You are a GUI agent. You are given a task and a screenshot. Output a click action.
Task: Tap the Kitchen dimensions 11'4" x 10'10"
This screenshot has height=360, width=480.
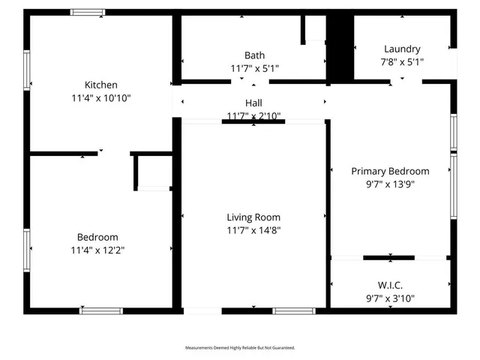point(101,97)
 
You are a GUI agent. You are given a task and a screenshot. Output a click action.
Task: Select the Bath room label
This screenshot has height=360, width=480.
point(254,55)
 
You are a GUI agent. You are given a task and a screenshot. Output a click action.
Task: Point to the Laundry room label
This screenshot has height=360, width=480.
point(402,49)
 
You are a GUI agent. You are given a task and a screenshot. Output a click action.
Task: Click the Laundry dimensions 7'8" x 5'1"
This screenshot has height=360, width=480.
point(402,62)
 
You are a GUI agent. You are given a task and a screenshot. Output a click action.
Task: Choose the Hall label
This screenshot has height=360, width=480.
point(253,103)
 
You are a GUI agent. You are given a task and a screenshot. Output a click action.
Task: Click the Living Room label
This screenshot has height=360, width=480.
point(253,217)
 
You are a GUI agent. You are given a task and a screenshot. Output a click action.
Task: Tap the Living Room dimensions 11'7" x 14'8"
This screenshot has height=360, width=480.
point(253,230)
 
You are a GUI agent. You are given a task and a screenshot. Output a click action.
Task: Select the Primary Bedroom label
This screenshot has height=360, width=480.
point(390,171)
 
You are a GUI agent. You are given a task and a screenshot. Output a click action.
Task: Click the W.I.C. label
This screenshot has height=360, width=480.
point(390,285)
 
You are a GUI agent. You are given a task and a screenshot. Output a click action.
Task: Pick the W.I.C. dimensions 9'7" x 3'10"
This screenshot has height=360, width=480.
point(390,298)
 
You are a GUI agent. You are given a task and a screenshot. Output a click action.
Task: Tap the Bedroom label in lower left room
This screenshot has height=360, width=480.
point(97,237)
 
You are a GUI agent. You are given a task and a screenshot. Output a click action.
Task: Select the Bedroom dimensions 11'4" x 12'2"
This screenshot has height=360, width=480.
point(97,250)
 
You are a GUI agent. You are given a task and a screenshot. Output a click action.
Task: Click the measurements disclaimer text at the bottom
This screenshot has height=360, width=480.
point(240,348)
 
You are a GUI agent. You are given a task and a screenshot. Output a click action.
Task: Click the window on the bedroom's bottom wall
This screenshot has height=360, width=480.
point(101,310)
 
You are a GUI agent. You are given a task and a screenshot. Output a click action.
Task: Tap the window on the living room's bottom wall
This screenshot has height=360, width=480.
point(294,310)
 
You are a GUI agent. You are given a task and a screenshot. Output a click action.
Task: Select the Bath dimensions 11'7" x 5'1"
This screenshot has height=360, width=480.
point(254,69)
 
